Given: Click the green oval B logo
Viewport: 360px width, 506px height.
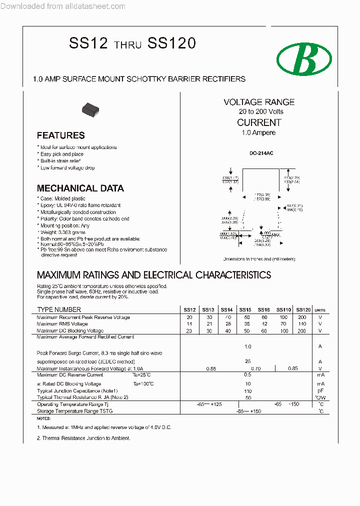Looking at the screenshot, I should point(304,59).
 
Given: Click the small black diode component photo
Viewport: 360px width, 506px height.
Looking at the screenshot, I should point(90,108).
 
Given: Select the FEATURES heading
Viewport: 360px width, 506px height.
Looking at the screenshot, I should point(60,135).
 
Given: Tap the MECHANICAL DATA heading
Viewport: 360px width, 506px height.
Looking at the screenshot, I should point(80,188).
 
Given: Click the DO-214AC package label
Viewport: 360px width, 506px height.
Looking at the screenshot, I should point(259,153).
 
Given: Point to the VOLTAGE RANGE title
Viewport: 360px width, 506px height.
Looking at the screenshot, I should point(259,102).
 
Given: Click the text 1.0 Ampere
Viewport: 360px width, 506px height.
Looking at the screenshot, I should point(258,132).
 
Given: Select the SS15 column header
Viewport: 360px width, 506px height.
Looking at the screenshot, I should point(245,310).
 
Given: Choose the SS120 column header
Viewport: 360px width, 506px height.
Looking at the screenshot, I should point(303,310).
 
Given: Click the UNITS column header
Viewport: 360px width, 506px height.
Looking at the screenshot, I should point(320,310).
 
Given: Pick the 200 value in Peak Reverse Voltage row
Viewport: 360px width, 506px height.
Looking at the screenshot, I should point(302,317).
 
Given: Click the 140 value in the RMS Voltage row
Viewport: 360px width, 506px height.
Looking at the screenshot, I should point(302,324).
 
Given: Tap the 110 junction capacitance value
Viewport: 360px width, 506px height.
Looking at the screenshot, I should point(247,390).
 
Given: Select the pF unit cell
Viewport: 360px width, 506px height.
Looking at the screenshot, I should point(320,390).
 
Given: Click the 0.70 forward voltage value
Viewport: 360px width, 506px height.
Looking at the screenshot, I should point(255,368).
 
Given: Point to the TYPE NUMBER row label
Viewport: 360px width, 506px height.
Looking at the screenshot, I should point(59,310).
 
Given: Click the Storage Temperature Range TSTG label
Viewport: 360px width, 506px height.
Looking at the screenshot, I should point(75,411).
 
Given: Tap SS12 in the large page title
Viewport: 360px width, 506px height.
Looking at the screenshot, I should point(88,43).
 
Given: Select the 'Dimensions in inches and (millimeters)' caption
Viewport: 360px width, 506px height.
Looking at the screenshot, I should point(259,259).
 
